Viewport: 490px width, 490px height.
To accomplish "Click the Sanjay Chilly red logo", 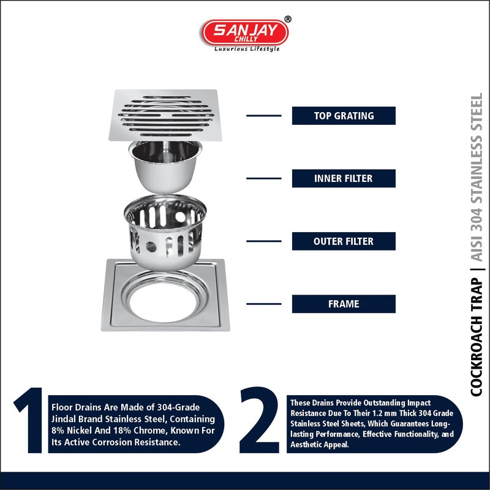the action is click(245, 33).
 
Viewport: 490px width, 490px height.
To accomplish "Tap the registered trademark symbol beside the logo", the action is click(288, 20).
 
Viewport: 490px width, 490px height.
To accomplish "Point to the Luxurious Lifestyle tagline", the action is click(247, 49).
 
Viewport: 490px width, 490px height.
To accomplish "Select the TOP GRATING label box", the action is click(344, 116).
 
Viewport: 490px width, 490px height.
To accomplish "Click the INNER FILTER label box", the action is click(344, 178).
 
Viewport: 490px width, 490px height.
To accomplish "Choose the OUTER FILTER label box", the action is click(344, 241).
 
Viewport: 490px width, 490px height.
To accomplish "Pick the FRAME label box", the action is click(344, 304).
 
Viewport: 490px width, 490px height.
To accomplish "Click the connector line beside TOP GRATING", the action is click(264, 116).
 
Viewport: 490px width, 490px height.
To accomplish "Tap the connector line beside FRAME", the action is click(264, 304).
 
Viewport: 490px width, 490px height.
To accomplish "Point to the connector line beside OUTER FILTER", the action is click(264, 241).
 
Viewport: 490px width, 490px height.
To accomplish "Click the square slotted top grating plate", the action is click(165, 115).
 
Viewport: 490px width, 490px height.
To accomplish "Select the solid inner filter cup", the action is click(165, 167).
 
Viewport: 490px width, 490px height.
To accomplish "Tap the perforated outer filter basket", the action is click(165, 232).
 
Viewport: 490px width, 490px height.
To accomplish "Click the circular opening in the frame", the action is click(163, 302).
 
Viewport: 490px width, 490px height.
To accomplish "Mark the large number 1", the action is click(29, 420).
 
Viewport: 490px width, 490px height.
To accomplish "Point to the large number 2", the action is click(259, 420).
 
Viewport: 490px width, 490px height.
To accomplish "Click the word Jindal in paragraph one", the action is click(61, 419).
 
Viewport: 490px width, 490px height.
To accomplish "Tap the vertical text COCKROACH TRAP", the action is click(477, 337).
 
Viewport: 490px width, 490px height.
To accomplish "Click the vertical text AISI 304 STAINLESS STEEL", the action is click(477, 177).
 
